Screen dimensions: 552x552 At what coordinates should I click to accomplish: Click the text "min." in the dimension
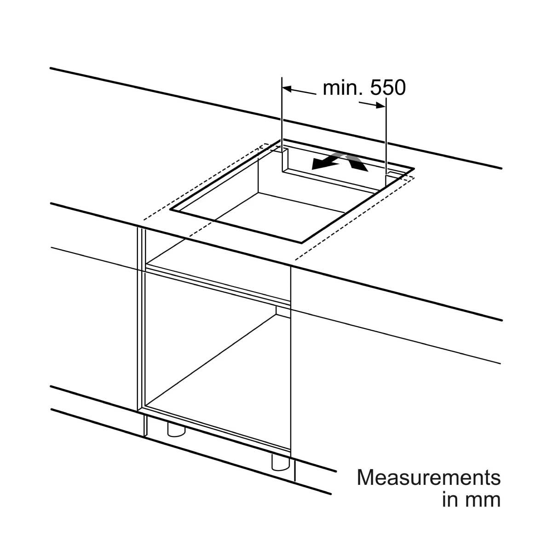[343, 88]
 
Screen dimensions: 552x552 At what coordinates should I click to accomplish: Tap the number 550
[388, 88]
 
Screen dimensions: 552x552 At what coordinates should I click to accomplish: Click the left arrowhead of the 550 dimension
[287, 89]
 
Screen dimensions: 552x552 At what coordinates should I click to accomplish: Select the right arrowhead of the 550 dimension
[381, 105]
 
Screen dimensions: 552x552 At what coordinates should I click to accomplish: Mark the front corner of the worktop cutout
[302, 242]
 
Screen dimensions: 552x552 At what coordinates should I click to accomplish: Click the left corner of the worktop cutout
[170, 210]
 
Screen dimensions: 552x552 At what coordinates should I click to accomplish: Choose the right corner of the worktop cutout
[414, 168]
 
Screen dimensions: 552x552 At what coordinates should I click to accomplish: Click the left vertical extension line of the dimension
[282, 125]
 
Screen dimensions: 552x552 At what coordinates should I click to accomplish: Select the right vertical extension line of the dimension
[386, 141]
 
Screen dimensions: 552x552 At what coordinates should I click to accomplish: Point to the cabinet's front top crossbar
[218, 283]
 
